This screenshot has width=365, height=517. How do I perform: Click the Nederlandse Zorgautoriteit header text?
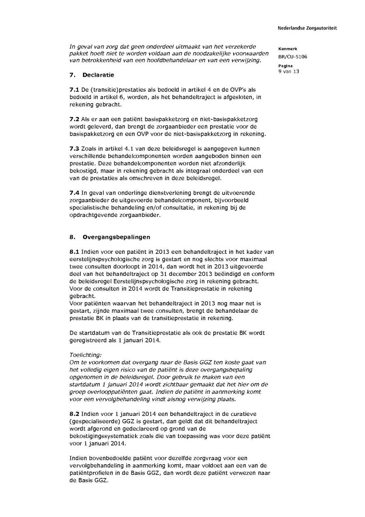click(307, 28)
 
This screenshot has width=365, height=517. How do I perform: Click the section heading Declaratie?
click(98, 75)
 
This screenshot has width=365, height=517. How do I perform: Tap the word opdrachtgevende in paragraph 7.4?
click(92, 215)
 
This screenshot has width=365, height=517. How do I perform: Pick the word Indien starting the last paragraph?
click(78, 459)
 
